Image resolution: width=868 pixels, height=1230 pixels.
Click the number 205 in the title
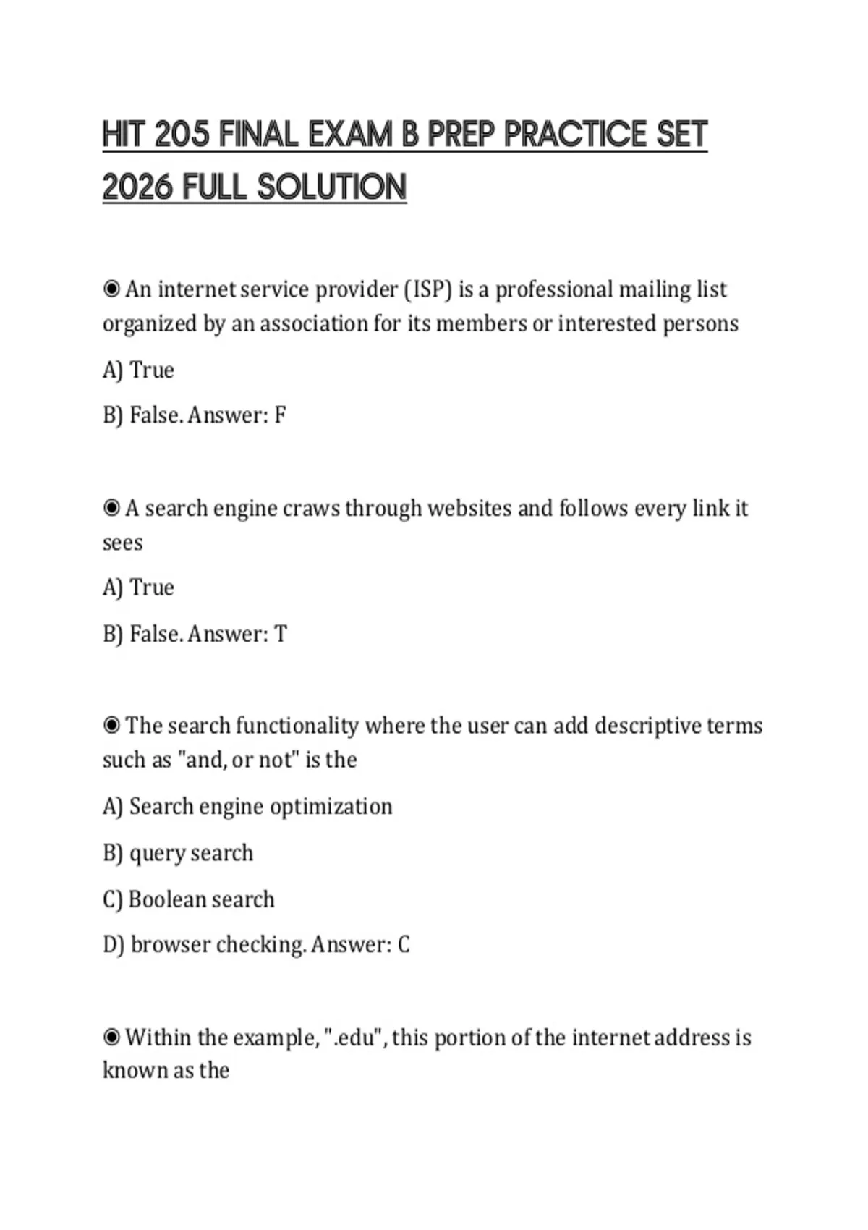[x=182, y=135]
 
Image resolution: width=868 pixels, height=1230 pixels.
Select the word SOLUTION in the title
[x=332, y=187]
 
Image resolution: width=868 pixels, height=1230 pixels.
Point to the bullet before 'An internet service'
[x=111, y=289]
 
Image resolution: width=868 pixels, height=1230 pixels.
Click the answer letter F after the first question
[x=280, y=415]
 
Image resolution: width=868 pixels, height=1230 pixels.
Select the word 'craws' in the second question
[x=311, y=509]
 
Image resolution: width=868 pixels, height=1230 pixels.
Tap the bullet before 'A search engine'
[x=111, y=509]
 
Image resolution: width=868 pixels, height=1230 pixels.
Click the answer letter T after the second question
[x=280, y=635]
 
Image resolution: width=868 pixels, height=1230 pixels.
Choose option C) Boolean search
[x=189, y=899]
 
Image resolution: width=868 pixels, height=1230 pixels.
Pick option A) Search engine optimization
[x=247, y=807]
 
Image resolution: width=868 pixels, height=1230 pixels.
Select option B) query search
[x=178, y=853]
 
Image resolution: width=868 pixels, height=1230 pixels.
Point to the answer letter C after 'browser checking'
[x=404, y=945]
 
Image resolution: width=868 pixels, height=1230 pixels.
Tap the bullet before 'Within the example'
[x=111, y=1038]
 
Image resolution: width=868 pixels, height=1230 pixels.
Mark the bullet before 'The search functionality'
[x=111, y=726]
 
